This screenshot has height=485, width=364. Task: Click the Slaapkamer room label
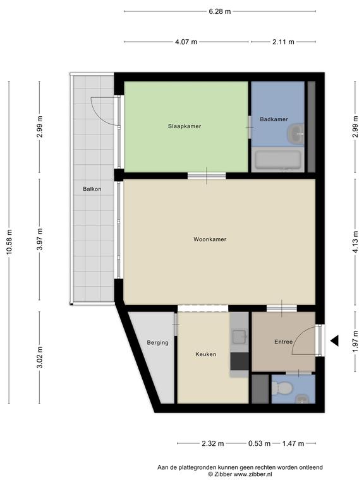pos(185,126)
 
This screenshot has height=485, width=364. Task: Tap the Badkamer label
pos(274,119)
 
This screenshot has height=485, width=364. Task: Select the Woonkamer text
pos(210,239)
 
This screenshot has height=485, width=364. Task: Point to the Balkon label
pos(92,189)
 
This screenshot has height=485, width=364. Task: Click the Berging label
pos(157,343)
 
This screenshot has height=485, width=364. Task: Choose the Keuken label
pos(206,354)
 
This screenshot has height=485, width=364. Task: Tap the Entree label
pos(284,342)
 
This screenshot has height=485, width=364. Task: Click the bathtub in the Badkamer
pos(277,160)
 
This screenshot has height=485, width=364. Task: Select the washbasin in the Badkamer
pos(296,134)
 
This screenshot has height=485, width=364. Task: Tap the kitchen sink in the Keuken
pos(240,337)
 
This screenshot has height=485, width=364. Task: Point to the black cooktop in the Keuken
pos(240,361)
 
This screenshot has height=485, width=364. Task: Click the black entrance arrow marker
pos(334,340)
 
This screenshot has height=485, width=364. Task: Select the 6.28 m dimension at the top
pos(220,11)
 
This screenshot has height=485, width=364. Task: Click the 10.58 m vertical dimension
pos(9,242)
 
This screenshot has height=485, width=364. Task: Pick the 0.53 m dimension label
pos(259,443)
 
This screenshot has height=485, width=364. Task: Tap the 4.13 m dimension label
pos(355,242)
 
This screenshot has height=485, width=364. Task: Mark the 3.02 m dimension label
pos(39,357)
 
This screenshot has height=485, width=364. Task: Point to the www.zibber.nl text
pos(253,474)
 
